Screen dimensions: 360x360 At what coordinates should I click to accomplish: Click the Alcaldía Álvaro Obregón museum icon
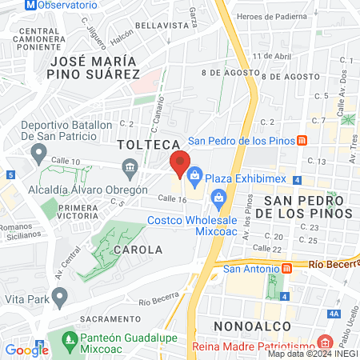129,167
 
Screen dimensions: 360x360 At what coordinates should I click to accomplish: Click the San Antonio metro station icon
285,268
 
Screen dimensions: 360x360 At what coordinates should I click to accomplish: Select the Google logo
26,350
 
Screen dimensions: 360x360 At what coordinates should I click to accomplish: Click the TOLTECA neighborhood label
146,145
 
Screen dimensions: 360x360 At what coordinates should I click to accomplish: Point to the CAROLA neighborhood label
139,250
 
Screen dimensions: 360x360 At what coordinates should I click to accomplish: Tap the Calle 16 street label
171,198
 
